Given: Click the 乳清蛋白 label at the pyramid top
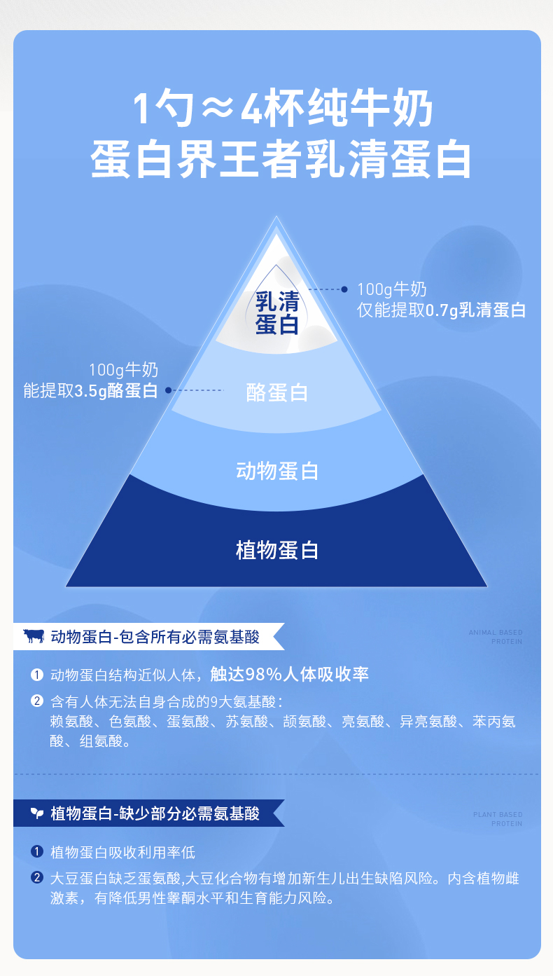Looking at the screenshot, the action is tap(277, 313).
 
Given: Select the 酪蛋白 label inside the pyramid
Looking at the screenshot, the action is tap(277, 392).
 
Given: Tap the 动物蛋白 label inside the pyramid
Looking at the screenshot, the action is tap(277, 470).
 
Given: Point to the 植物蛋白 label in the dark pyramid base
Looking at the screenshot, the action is tap(277, 550).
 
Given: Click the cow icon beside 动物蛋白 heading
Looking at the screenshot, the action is tap(34, 636).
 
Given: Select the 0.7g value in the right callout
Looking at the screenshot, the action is tap(442, 310).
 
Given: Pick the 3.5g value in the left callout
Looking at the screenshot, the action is tap(90, 391).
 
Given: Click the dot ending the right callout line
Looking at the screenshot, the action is tap(344, 289).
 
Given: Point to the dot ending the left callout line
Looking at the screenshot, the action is tap(168, 390).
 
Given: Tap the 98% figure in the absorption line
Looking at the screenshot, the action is tap(262, 674).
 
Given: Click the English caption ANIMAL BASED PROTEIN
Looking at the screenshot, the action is tap(496, 637).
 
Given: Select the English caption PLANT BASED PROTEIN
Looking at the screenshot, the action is tap(498, 819).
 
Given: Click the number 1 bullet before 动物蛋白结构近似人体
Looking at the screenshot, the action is tap(37, 675).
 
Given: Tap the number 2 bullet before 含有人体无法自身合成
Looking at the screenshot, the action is tap(37, 701).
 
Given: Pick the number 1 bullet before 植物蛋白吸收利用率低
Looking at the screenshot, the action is tap(37, 852).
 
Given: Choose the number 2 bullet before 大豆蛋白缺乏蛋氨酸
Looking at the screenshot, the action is tap(37, 878).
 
